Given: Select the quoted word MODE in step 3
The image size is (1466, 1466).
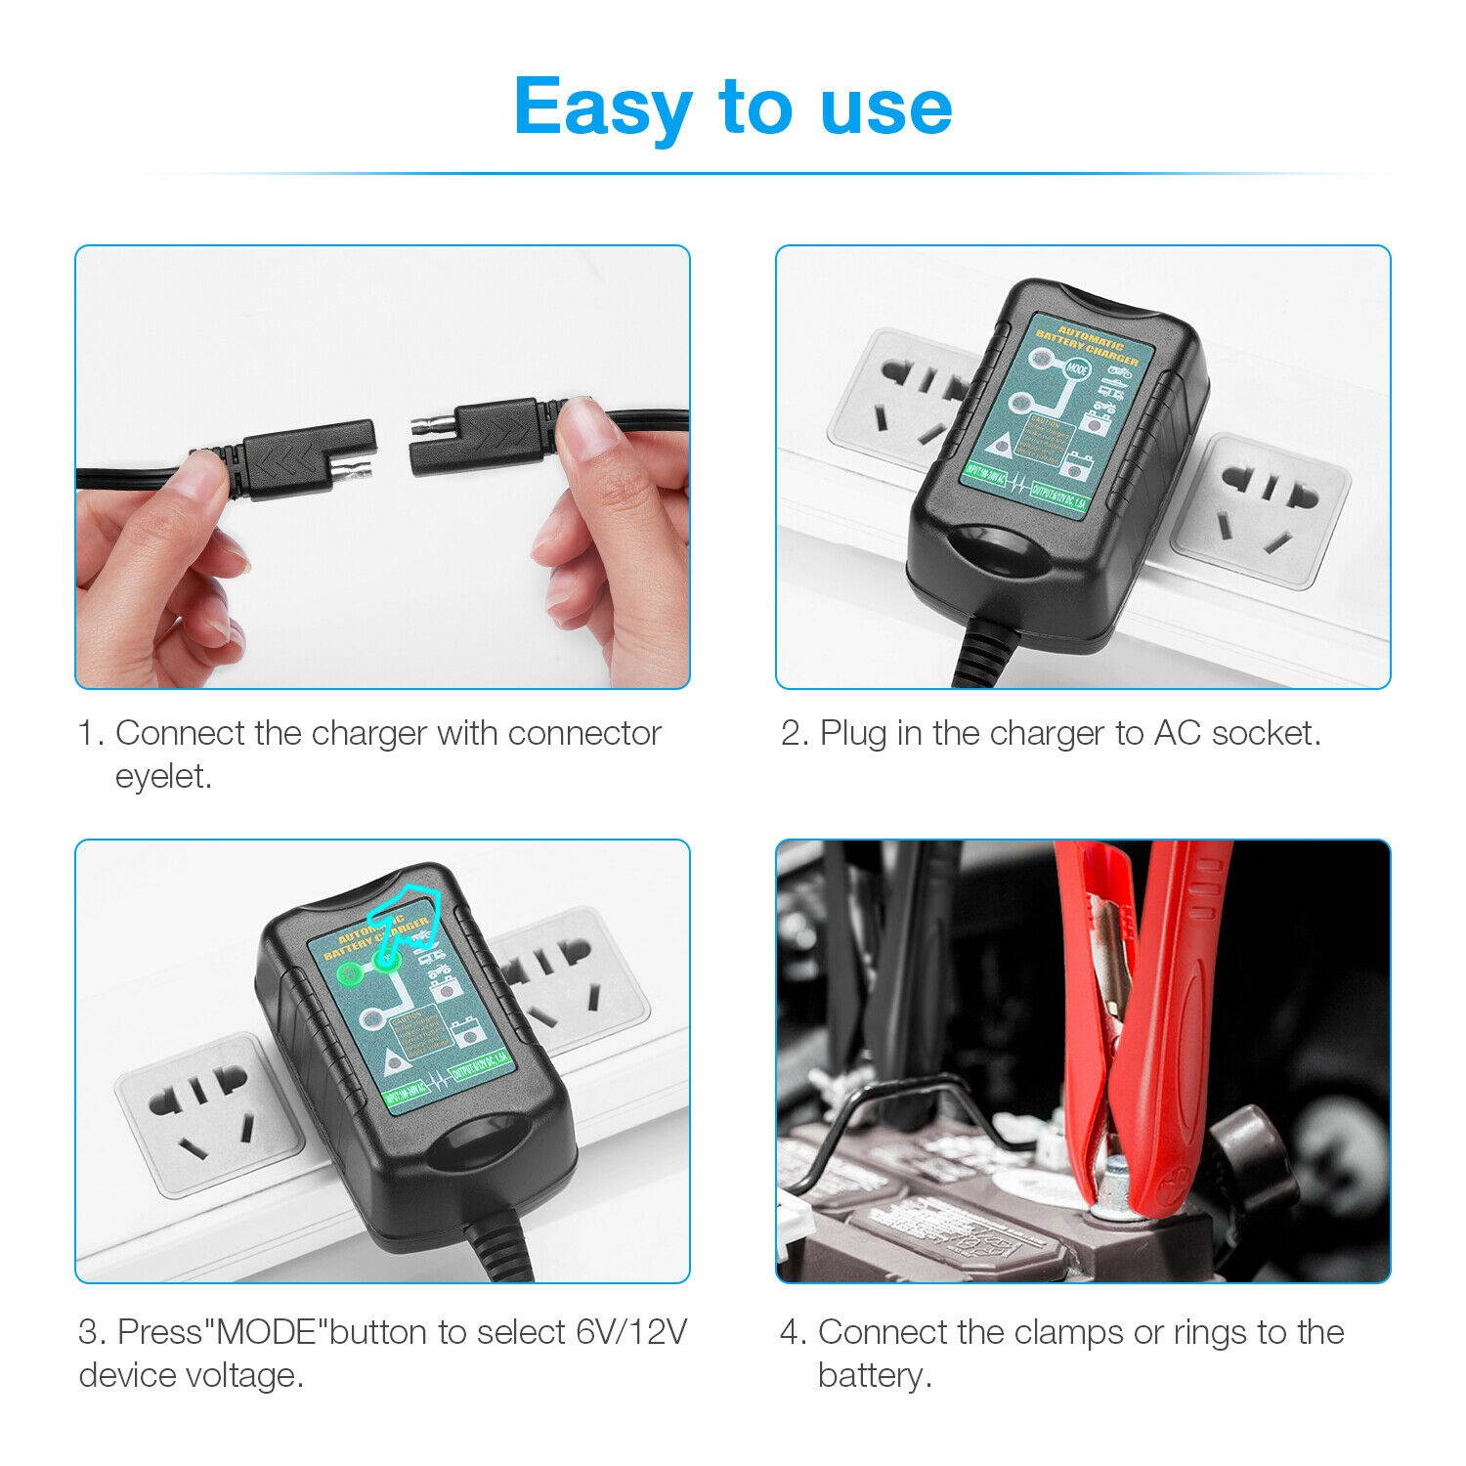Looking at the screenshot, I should tap(268, 1331).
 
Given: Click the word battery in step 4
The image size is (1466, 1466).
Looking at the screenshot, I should tap(873, 1375).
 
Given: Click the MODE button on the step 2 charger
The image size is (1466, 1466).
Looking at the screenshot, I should tap(1077, 369).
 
